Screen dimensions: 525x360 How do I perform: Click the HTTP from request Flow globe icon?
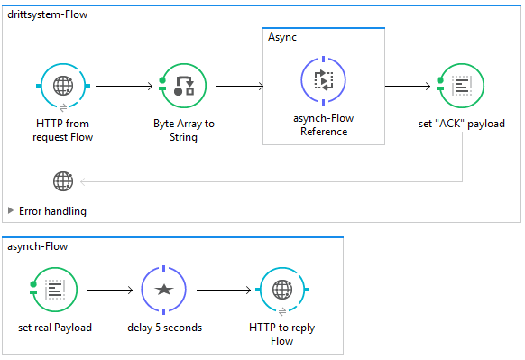pyautogui.click(x=63, y=86)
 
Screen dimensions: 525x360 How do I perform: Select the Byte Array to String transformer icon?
pyautogui.click(x=183, y=86)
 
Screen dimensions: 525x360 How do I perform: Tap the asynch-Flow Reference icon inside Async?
pyautogui.click(x=323, y=80)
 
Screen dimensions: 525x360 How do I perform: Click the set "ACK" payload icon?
pyautogui.click(x=461, y=86)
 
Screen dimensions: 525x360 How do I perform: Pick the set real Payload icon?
pyautogui.click(x=54, y=290)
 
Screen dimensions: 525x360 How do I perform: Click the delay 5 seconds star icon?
pyautogui.click(x=164, y=290)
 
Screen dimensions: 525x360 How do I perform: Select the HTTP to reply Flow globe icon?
pyautogui.click(x=282, y=290)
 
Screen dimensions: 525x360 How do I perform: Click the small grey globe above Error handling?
pyautogui.click(x=63, y=181)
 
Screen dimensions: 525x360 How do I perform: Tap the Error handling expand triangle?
pyautogui.click(x=11, y=210)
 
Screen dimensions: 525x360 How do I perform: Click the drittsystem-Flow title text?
pyautogui.click(x=47, y=14)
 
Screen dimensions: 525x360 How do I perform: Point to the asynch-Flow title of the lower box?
pyautogui.click(x=38, y=246)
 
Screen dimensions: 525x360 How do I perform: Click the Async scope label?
pyautogui.click(x=282, y=37)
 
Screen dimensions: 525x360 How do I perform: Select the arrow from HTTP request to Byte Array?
pyautogui.click(x=124, y=86)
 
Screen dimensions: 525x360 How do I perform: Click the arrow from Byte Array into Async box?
pyautogui.click(x=240, y=86)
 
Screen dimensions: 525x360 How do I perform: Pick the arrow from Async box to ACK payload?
pyautogui.click(x=408, y=86)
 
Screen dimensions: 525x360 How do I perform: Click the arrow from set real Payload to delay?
pyautogui.click(x=110, y=290)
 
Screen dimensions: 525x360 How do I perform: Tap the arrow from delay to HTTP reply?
pyautogui.click(x=224, y=290)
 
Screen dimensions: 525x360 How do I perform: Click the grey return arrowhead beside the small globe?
pyautogui.click(x=83, y=182)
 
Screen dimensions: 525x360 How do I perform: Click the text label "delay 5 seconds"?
pyautogui.click(x=164, y=328)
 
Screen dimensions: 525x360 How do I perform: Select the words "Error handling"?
pyautogui.click(x=52, y=211)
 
